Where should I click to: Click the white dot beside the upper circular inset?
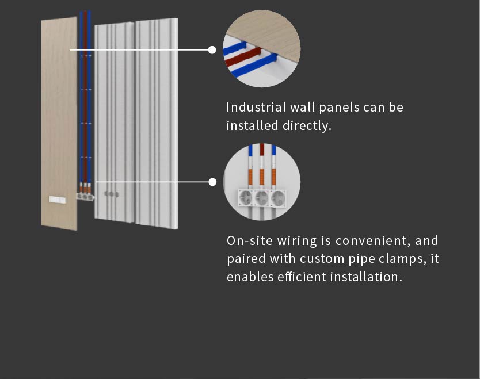[212, 50]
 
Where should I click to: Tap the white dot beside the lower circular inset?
[212, 182]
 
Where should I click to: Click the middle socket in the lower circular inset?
[262, 197]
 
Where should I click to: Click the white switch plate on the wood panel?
[58, 200]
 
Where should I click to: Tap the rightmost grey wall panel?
[157, 121]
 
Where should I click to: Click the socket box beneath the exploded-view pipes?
[84, 196]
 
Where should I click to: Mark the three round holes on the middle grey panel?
[111, 194]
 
